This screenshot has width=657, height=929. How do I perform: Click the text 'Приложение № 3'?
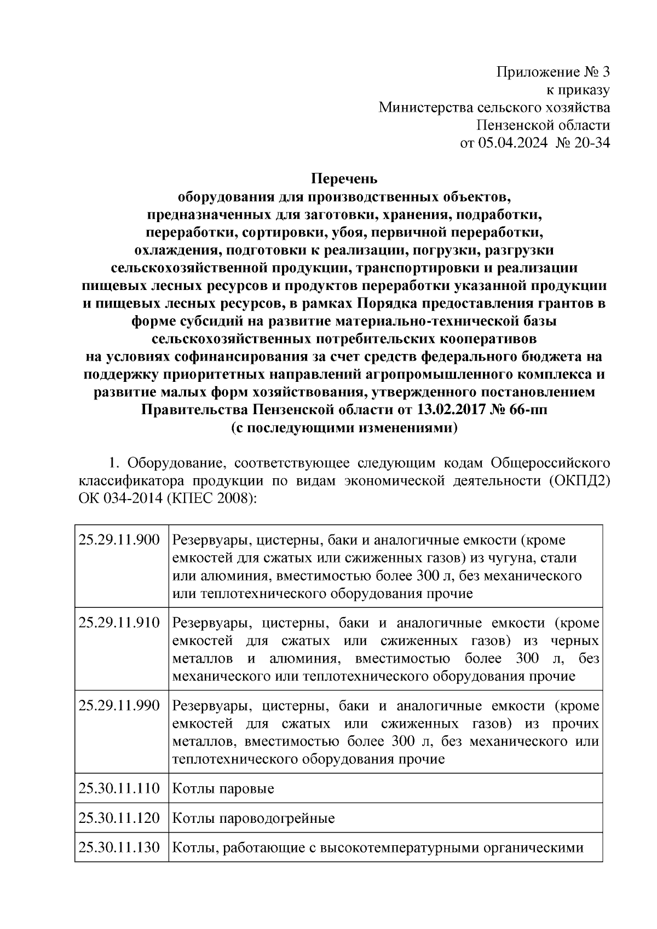click(553, 72)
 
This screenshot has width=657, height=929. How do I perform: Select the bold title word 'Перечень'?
click(344, 178)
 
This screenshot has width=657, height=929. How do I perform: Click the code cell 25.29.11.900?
click(119, 540)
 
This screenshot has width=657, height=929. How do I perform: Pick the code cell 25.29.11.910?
click(119, 623)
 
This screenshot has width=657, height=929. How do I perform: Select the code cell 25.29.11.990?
click(119, 705)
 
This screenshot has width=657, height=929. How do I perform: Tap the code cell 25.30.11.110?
click(119, 788)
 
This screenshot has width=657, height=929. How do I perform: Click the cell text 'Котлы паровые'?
click(223, 789)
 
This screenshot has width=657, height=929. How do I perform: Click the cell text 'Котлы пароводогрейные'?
click(253, 818)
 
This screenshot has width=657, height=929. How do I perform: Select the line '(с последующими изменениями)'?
click(344, 427)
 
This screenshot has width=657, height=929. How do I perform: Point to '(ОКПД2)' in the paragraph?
click(577, 481)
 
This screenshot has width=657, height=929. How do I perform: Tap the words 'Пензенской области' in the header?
click(543, 125)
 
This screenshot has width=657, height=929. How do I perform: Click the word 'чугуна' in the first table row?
click(521, 558)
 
